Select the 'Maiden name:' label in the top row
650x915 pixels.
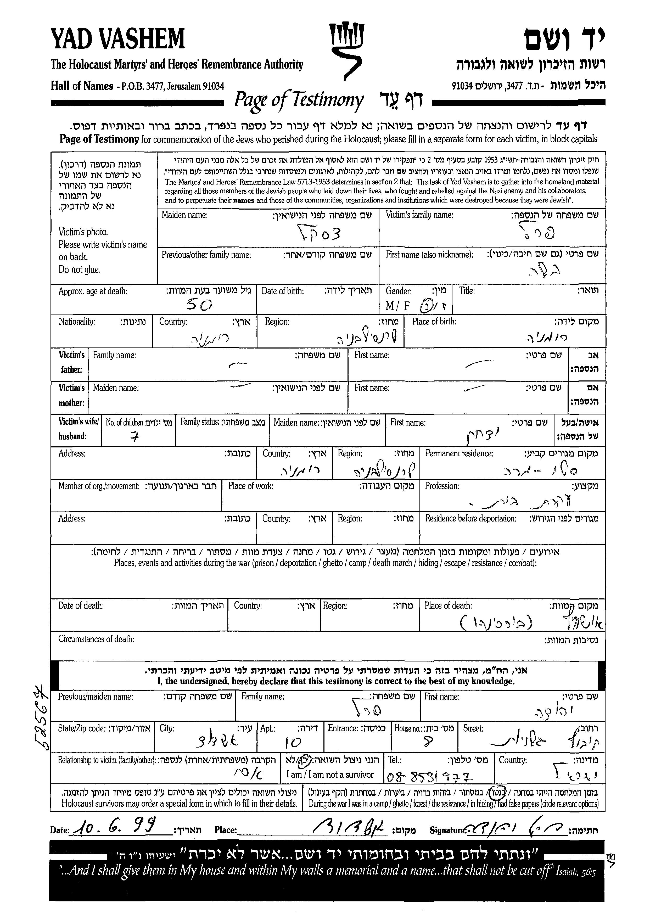click(x=184, y=215)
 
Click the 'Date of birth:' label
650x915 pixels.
click(x=283, y=291)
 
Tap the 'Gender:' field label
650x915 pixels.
click(x=398, y=291)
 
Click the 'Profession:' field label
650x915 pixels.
click(x=442, y=486)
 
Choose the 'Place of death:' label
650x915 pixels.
click(x=448, y=606)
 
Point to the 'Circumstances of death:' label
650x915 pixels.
click(x=96, y=639)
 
